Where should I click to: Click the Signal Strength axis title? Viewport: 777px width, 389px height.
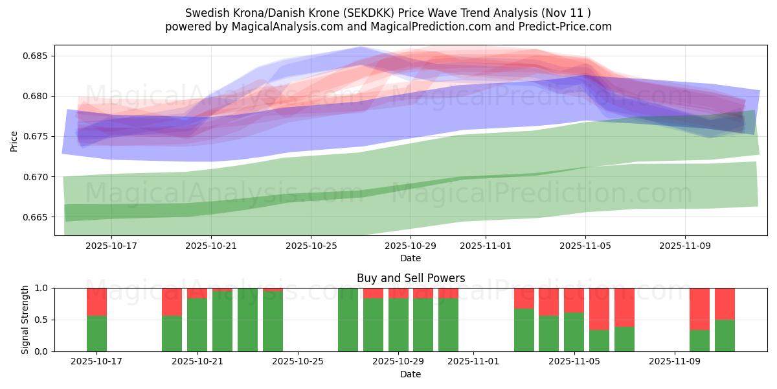point(25,320)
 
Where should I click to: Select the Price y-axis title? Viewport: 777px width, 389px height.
point(14,140)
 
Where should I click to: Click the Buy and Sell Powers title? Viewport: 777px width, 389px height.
point(411,278)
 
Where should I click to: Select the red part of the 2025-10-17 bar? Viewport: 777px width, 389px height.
point(96,301)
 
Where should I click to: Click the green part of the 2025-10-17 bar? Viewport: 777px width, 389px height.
point(96,333)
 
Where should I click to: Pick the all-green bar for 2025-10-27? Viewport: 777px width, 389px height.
point(348,320)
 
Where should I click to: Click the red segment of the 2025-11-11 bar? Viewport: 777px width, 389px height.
point(725,303)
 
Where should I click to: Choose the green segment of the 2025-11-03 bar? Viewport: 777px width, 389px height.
point(524,330)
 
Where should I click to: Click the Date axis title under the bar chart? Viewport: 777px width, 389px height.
point(411,374)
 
